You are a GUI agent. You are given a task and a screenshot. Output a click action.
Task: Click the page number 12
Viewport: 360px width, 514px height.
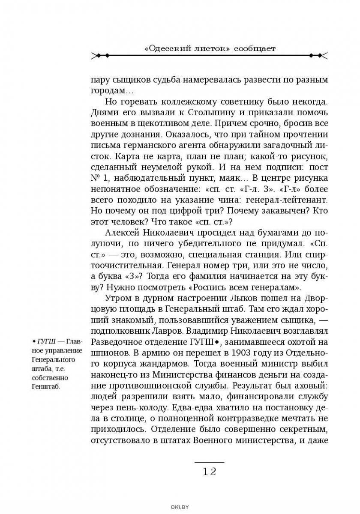click(209, 472)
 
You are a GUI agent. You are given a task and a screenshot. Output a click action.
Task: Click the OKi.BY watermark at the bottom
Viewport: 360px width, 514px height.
click(180, 507)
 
